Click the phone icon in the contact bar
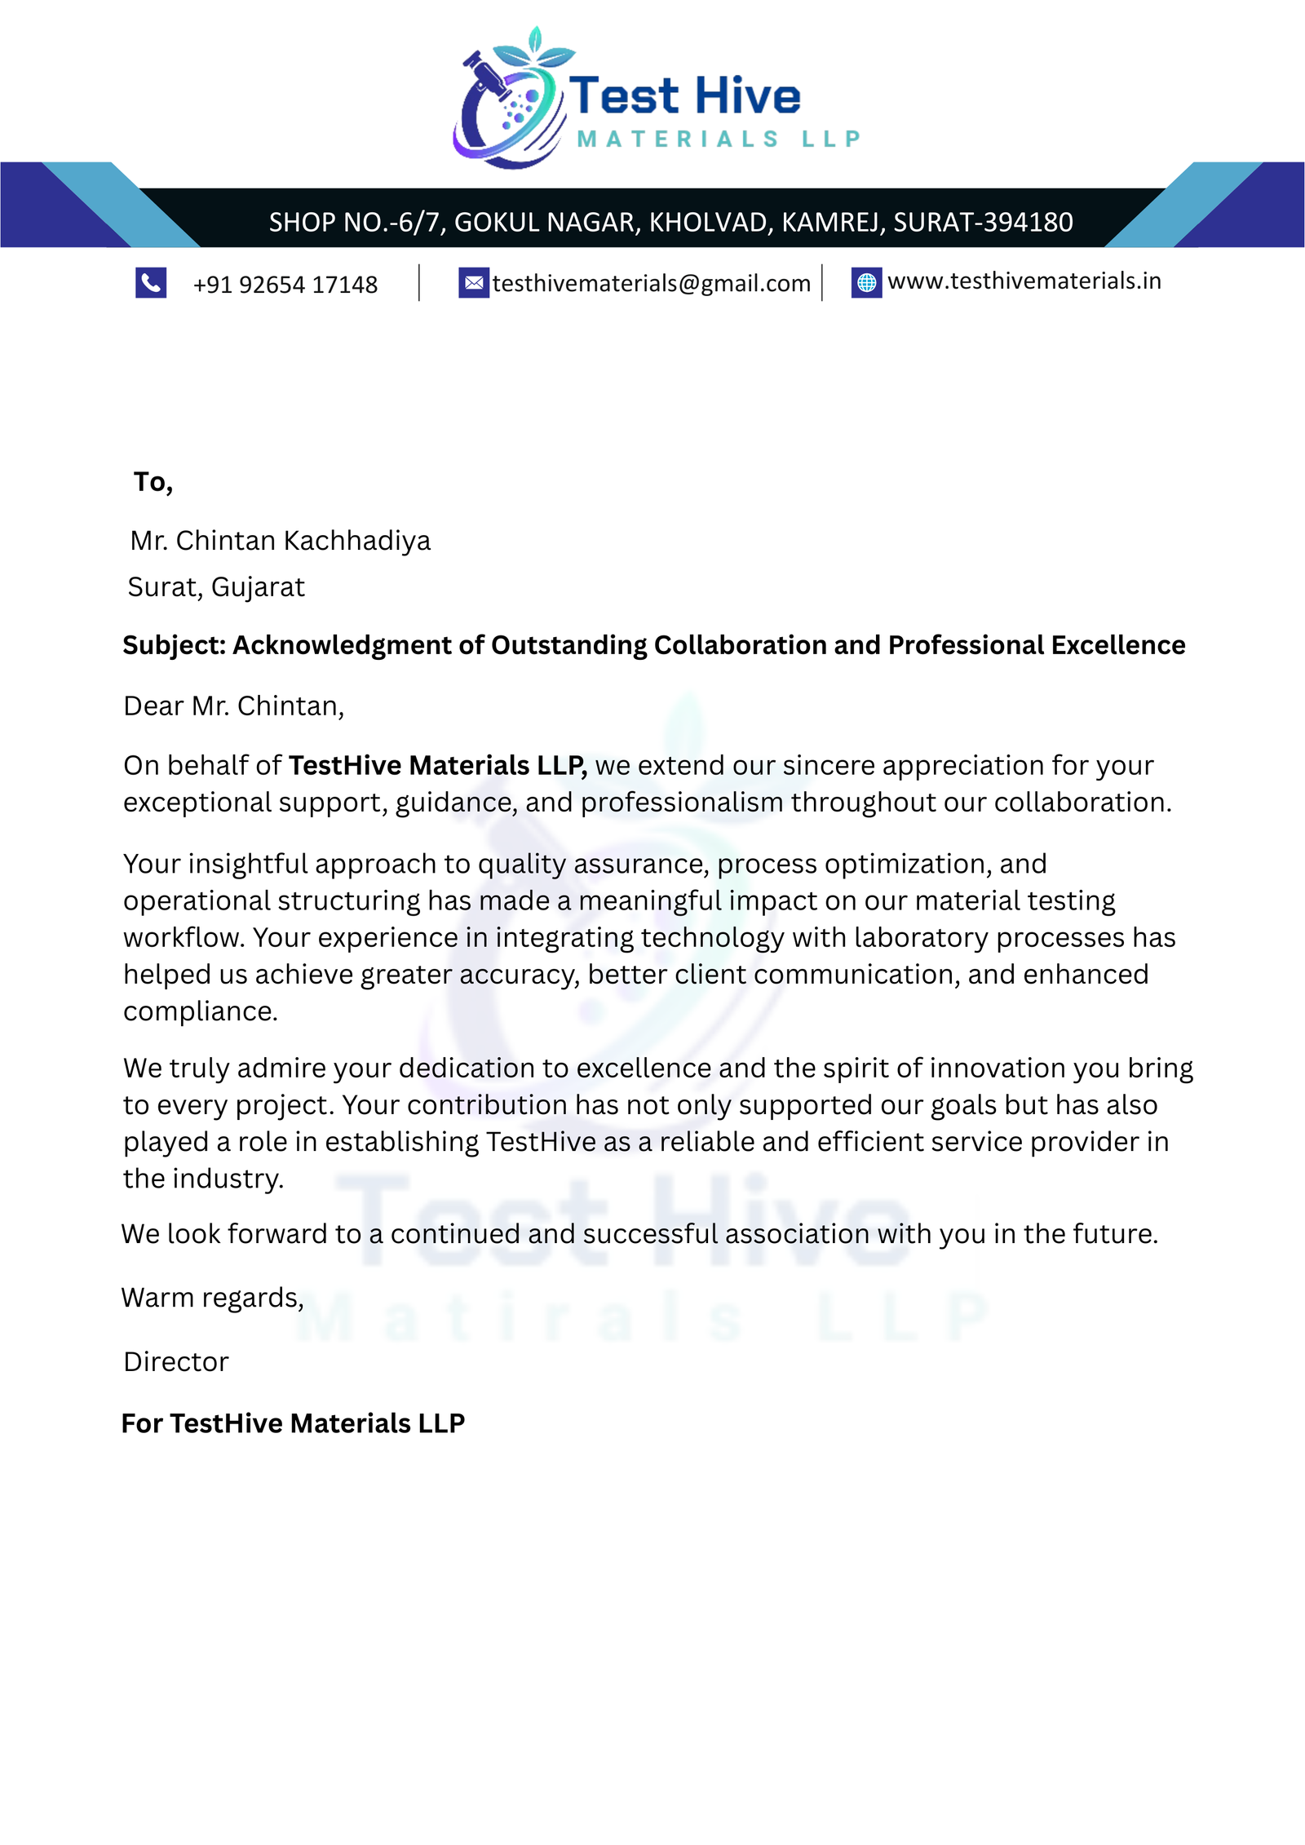point(151,282)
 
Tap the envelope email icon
point(473,282)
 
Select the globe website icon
point(866,282)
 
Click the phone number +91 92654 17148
point(285,285)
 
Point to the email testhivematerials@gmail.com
point(652,283)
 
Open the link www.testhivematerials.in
point(1024,281)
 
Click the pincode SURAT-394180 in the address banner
point(983,222)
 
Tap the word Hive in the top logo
point(748,96)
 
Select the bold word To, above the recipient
point(153,482)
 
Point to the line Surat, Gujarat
point(216,587)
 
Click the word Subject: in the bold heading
point(174,645)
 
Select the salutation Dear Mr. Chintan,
point(234,706)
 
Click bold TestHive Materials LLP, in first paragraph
point(437,765)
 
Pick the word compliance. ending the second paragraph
point(201,1011)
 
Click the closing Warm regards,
point(212,1298)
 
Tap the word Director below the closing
point(176,1362)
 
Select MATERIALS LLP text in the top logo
point(718,139)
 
